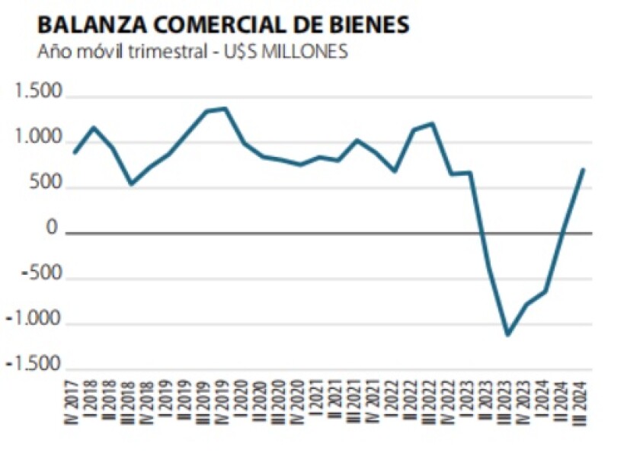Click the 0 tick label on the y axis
53,228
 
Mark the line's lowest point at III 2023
507,334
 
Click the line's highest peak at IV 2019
225,108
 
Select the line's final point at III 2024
583,169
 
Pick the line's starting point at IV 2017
75,152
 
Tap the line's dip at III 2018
131,183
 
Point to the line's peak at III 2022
432,123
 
